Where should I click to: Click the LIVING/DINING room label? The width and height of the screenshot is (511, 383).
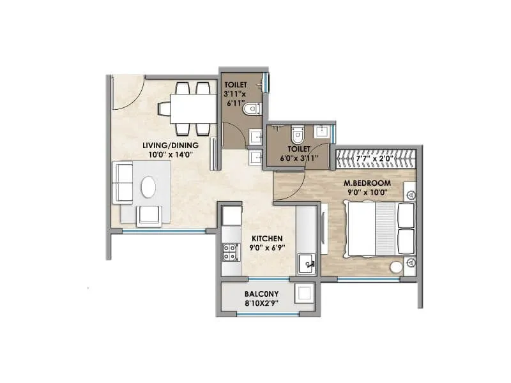[x=171, y=145]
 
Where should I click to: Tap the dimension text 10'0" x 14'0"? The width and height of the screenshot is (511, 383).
[x=171, y=154]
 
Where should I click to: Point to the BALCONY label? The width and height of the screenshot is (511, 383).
[x=261, y=294]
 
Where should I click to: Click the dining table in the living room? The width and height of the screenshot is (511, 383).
[x=194, y=109]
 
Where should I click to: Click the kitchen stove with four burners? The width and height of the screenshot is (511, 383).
[x=229, y=253]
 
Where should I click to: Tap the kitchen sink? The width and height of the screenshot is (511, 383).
[x=307, y=264]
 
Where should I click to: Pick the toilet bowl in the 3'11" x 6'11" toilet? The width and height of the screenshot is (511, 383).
[x=252, y=110]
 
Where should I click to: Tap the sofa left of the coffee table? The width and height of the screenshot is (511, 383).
[x=122, y=183]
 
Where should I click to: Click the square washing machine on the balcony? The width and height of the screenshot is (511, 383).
[x=303, y=294]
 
